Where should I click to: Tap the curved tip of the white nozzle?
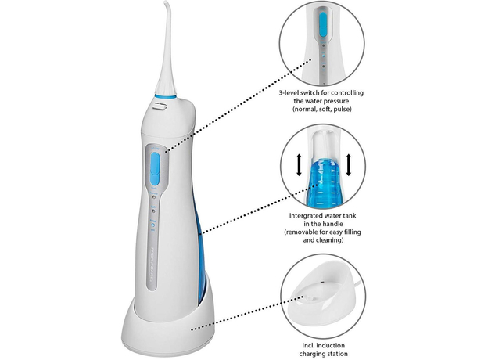click(x=167, y=4)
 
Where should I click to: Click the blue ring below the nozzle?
click(x=165, y=96)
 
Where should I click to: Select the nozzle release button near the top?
click(x=160, y=106)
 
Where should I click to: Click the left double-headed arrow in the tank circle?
click(x=299, y=165)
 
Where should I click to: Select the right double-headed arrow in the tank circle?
click(x=349, y=165)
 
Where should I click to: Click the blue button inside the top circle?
click(x=323, y=24)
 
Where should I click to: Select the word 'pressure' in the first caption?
click(x=336, y=101)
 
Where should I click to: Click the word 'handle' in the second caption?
click(x=334, y=224)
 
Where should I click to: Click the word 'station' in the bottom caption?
click(x=337, y=354)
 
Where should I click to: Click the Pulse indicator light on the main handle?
click(x=152, y=225)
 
